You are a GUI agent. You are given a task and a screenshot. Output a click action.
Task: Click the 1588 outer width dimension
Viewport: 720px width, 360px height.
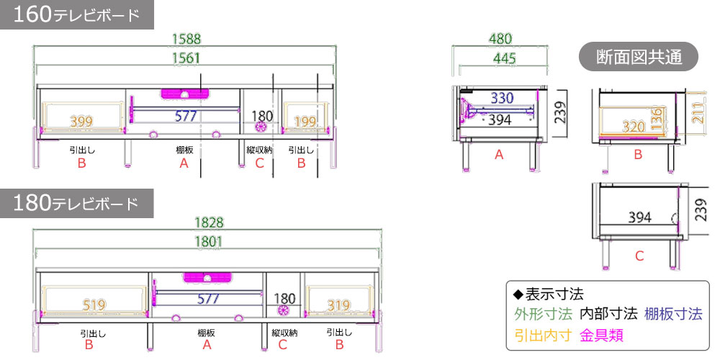pos(186,39)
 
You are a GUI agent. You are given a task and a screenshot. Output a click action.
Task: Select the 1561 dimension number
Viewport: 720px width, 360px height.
pos(186,58)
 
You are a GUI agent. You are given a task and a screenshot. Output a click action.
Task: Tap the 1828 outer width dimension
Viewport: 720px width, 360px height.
pos(209,222)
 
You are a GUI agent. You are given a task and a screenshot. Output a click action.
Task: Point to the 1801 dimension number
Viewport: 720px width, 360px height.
pos(209,241)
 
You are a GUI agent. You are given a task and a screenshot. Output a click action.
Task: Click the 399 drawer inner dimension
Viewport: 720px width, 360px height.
pos(81,122)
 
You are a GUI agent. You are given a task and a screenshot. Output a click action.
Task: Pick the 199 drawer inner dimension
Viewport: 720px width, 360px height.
pos(305,122)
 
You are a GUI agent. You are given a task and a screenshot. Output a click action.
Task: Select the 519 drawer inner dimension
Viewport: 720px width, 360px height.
pos(94,305)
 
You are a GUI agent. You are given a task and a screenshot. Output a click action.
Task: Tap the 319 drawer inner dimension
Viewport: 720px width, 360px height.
pos(339,305)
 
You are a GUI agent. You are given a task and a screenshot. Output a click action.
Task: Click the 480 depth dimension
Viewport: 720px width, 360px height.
pos(500,39)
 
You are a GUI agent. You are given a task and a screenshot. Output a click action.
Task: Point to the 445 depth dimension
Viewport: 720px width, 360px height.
pos(504,58)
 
